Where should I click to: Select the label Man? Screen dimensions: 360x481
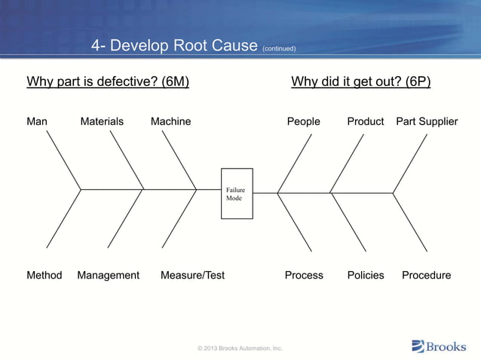pos(37,121)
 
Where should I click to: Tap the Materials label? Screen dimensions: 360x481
pos(102,121)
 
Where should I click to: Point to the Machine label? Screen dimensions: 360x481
pos(170,121)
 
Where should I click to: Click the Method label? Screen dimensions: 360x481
pos(44,275)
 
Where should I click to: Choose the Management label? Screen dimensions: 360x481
pos(108,275)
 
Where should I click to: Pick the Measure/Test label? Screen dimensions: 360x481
pos(192,275)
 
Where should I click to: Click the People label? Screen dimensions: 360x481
pos(303,121)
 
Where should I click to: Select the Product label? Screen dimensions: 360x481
pos(366,121)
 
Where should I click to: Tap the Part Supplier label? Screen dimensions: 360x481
pos(427,121)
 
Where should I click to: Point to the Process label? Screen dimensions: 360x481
pos(304,275)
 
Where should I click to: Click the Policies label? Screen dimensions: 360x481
pos(366,275)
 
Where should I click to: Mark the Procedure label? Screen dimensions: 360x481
pos(426,275)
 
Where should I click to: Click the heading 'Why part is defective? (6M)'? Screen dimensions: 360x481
pos(108,81)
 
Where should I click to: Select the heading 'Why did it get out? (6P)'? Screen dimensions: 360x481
pos(361,81)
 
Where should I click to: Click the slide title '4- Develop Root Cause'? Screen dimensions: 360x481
pos(175,46)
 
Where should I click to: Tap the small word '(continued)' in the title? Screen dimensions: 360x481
pos(278,49)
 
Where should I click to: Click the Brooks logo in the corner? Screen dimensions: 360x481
pos(439,346)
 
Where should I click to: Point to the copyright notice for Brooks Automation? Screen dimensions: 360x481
pos(240,348)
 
